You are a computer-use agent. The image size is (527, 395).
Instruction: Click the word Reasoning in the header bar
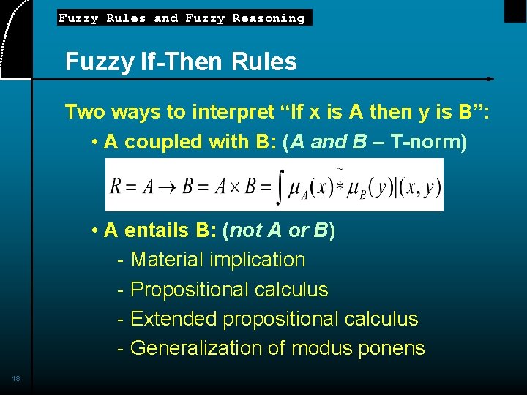pos(269,18)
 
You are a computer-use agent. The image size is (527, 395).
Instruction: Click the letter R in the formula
pos(116,185)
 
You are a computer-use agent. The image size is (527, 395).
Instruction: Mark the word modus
pos(321,348)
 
